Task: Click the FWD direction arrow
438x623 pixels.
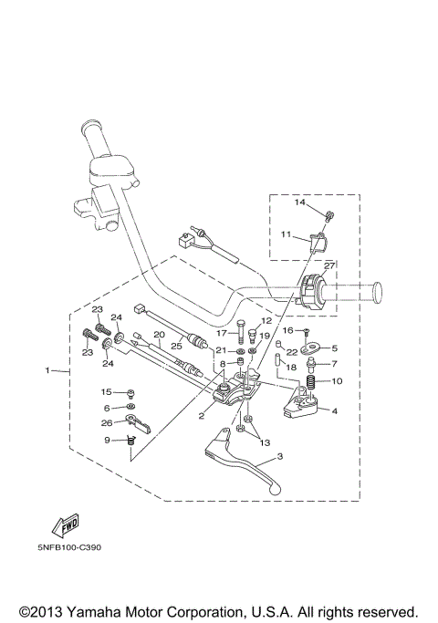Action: coord(65,525)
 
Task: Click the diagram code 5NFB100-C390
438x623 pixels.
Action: coord(69,547)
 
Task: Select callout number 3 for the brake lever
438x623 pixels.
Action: coord(280,456)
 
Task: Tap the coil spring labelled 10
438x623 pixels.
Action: coord(311,382)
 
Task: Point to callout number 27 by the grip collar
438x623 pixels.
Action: coord(329,265)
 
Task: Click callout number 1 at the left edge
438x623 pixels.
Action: coord(47,370)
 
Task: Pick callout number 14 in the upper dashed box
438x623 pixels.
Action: coord(299,202)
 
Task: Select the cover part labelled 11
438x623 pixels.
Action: coord(317,241)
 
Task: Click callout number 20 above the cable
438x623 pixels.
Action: coord(159,335)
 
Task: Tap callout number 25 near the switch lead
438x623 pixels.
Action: coord(176,346)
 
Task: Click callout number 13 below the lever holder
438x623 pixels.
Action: coord(265,442)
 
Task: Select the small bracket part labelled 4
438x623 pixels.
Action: coord(301,405)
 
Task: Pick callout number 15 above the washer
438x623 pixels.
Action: coord(106,391)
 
